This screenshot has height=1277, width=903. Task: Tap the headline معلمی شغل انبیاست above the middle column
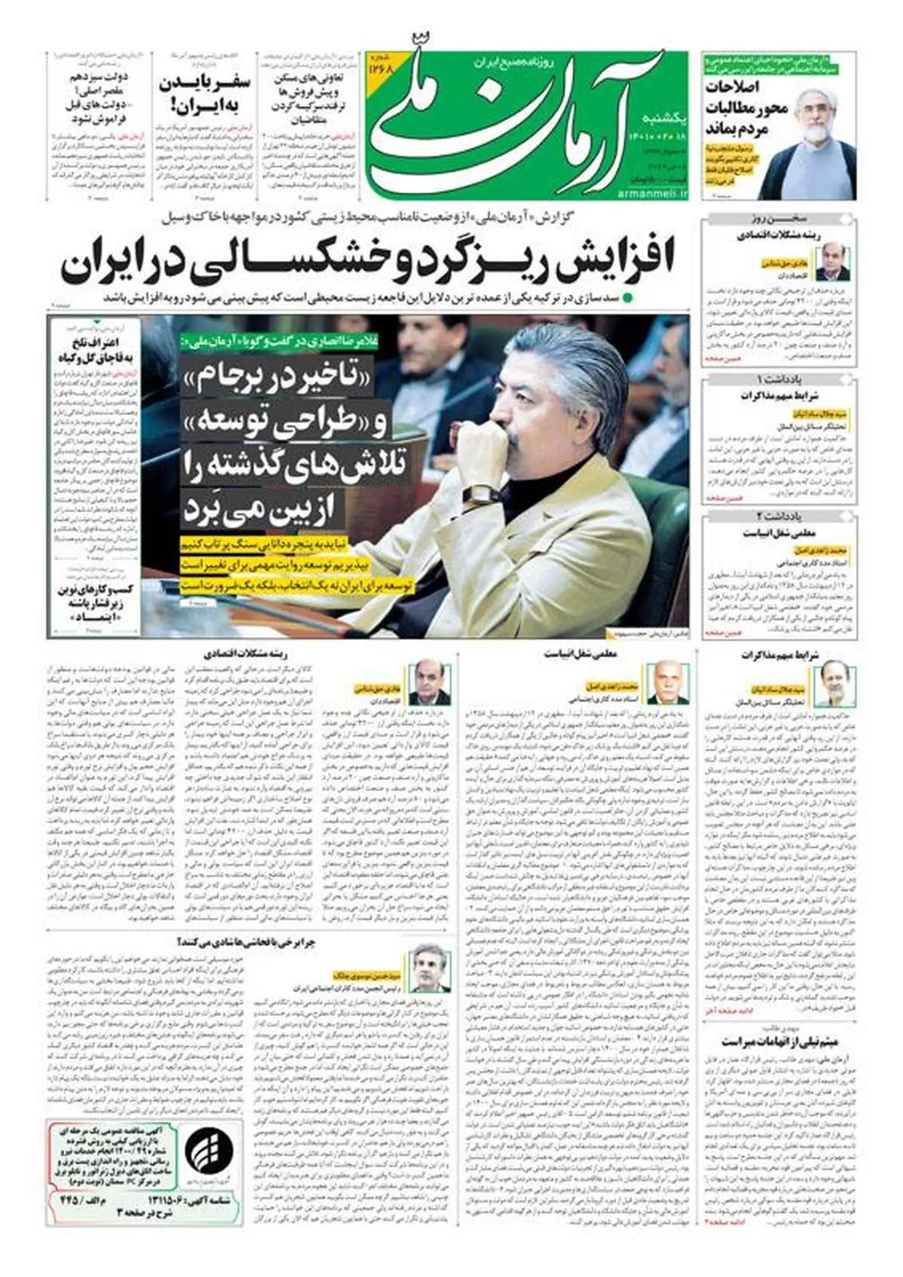pyautogui.click(x=581, y=654)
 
